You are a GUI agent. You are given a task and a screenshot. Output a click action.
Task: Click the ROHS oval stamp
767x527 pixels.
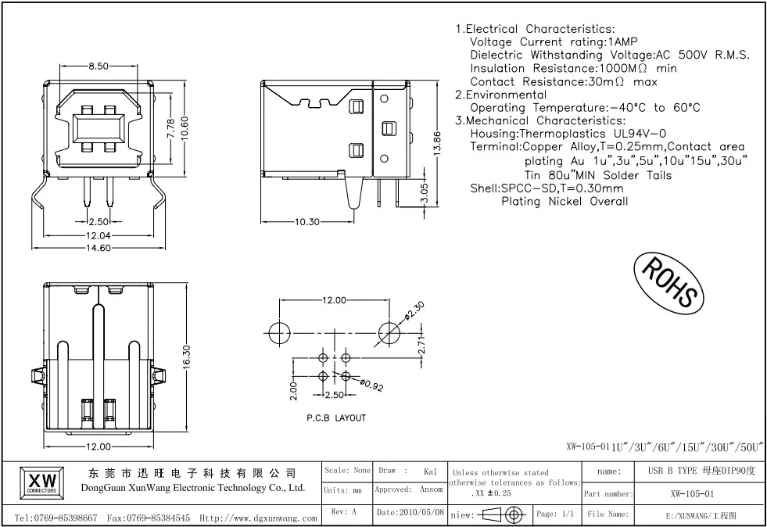click(x=668, y=282)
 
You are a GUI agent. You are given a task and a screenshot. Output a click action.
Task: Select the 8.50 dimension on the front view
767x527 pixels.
click(x=99, y=66)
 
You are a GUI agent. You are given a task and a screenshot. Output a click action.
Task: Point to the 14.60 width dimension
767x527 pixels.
click(x=99, y=248)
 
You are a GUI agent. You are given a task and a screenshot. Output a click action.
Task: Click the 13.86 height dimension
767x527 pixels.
click(x=437, y=143)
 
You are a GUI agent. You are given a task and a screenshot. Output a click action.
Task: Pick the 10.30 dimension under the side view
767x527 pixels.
click(x=306, y=221)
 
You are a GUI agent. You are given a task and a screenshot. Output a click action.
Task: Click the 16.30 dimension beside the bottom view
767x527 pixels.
click(x=186, y=357)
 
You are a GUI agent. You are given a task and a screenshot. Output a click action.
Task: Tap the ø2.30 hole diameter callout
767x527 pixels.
click(x=414, y=312)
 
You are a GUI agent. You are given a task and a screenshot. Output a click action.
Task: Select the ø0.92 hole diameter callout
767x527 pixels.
click(x=371, y=385)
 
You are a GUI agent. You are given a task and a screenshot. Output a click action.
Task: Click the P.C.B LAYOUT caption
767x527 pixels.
click(x=336, y=418)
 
